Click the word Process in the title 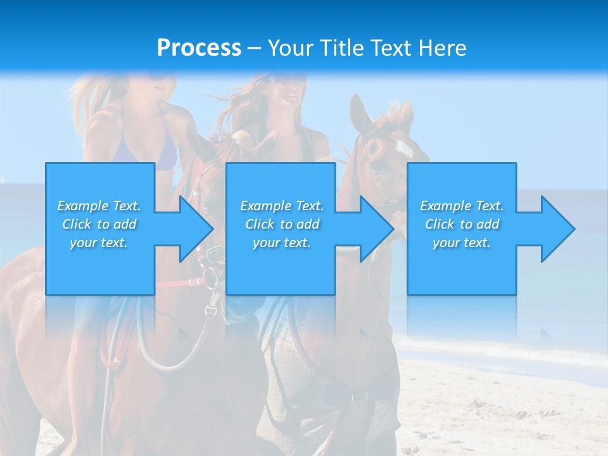(x=199, y=48)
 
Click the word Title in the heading (x=341, y=48)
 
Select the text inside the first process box (x=99, y=224)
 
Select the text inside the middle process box (x=281, y=224)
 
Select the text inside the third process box (x=462, y=224)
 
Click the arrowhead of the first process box (x=196, y=229)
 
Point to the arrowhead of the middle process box (x=377, y=229)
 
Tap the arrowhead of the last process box (x=557, y=229)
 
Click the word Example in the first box (x=83, y=206)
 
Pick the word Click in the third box (x=440, y=224)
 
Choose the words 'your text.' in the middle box (x=281, y=243)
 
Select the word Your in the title (x=290, y=48)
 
